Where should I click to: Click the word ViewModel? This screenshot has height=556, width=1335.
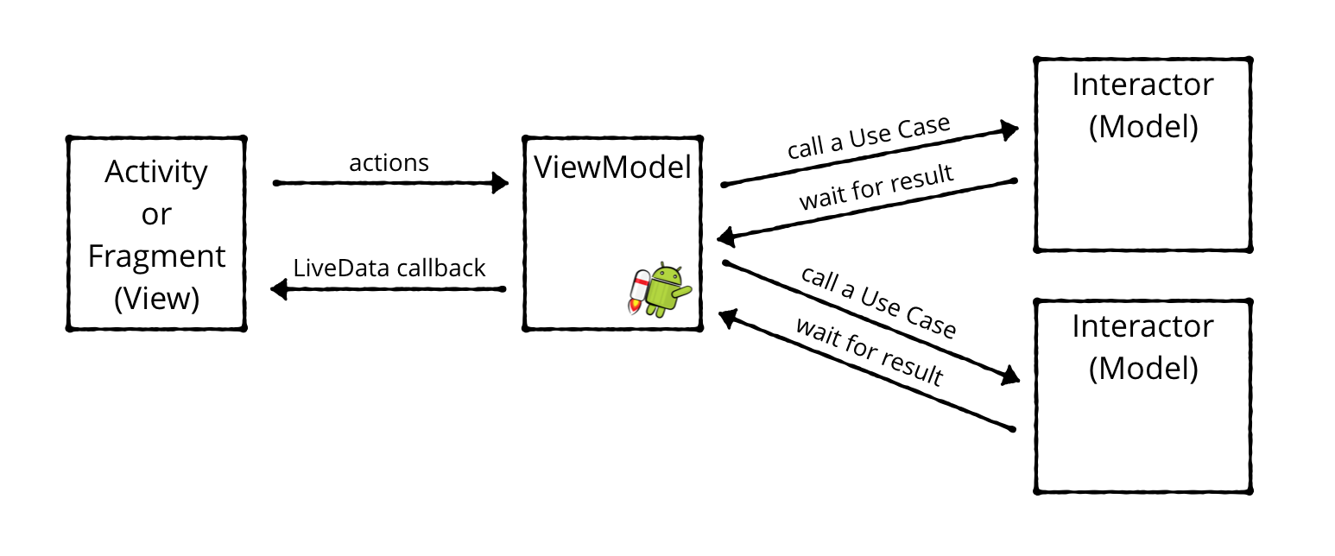tap(612, 167)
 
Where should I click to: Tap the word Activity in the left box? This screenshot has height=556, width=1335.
tap(156, 172)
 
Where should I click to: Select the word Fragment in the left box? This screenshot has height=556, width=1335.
tap(156, 256)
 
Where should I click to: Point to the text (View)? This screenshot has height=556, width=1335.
tap(156, 299)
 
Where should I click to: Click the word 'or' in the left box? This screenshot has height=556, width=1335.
tap(156, 214)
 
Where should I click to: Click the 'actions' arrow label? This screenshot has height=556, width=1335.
tap(389, 162)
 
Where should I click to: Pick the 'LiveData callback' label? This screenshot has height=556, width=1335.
tap(389, 268)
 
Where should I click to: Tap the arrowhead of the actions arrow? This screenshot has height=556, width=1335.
tap(499, 183)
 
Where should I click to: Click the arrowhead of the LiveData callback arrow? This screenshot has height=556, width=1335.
tap(279, 290)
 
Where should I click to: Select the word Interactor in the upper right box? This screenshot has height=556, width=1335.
tap(1142, 85)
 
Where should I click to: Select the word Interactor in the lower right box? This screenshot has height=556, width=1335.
tap(1142, 326)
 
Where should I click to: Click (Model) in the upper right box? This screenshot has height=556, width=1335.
tap(1142, 127)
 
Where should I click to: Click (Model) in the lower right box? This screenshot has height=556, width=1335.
tap(1142, 369)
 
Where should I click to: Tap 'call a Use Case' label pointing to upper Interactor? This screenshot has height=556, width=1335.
tap(868, 137)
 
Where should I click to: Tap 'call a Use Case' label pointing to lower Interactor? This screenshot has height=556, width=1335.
tap(878, 302)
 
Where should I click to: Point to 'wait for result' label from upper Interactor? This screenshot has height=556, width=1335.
tap(876, 187)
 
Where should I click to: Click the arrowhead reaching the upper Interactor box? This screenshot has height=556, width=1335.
tap(1009, 130)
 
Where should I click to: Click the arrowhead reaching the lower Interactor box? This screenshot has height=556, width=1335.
tap(1009, 376)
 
